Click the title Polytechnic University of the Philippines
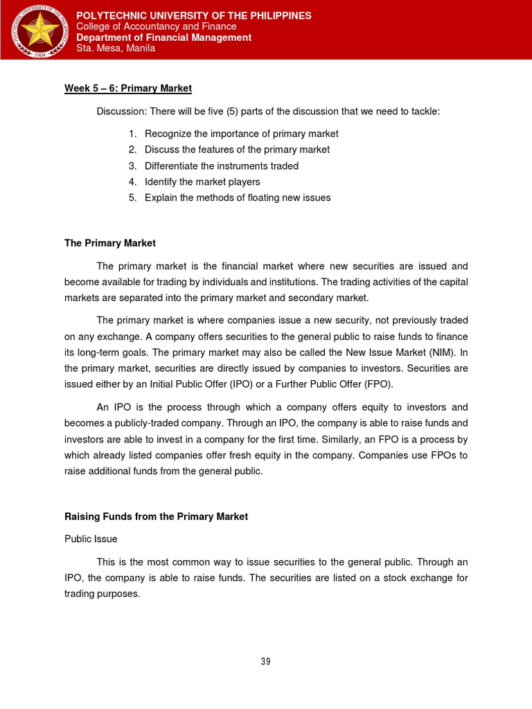tap(193, 15)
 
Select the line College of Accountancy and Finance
tap(156, 26)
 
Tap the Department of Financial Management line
tap(163, 37)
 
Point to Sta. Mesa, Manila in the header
tap(115, 48)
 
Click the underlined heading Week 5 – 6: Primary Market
tap(127, 89)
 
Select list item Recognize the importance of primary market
tap(241, 134)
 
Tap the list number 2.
tap(132, 150)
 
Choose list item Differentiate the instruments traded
tap(222, 165)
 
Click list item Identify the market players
tap(202, 181)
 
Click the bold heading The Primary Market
tap(110, 243)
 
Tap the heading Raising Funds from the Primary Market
tap(156, 517)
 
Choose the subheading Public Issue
tap(91, 538)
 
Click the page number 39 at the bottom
tap(265, 661)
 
